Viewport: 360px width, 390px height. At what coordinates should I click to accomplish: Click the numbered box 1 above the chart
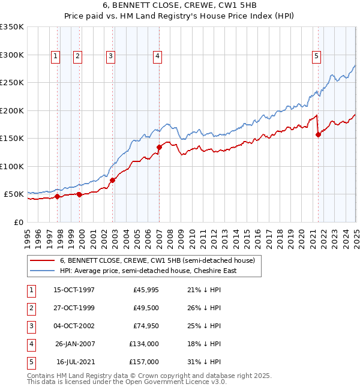click(55, 56)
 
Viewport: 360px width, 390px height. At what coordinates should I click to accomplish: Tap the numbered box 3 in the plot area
click(111, 56)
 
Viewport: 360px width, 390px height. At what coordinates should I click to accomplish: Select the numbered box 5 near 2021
click(316, 56)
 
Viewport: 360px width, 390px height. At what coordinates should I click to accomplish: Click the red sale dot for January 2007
click(160, 147)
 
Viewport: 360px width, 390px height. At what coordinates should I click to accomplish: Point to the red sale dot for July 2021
click(318, 134)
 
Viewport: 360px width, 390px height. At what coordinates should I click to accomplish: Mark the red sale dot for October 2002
click(112, 179)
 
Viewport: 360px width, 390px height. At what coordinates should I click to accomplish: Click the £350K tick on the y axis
click(12, 27)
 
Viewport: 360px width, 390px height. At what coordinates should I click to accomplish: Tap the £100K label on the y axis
click(12, 166)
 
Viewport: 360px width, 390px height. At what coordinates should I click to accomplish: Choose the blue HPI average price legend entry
click(148, 271)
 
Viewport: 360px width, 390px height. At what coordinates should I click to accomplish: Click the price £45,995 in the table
click(146, 290)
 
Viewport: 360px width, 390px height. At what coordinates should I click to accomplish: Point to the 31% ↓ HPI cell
click(205, 362)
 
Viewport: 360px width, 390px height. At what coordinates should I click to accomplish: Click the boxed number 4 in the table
click(30, 344)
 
